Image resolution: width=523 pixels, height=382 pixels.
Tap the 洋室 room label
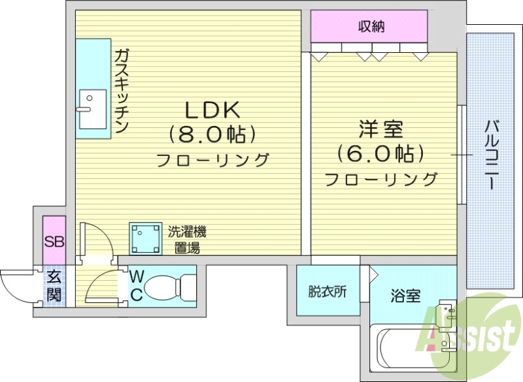(380, 129)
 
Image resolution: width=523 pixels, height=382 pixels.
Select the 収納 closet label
(370, 27)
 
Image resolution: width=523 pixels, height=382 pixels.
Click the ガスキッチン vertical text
(122, 91)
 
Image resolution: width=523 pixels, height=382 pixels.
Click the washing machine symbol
(145, 238)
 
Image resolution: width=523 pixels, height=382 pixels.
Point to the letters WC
(136, 285)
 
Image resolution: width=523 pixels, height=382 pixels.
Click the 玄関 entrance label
(54, 285)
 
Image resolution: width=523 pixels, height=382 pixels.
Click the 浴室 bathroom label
(405, 296)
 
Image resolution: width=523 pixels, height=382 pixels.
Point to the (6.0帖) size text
(380, 154)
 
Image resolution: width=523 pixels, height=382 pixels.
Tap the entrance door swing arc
(14, 287)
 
